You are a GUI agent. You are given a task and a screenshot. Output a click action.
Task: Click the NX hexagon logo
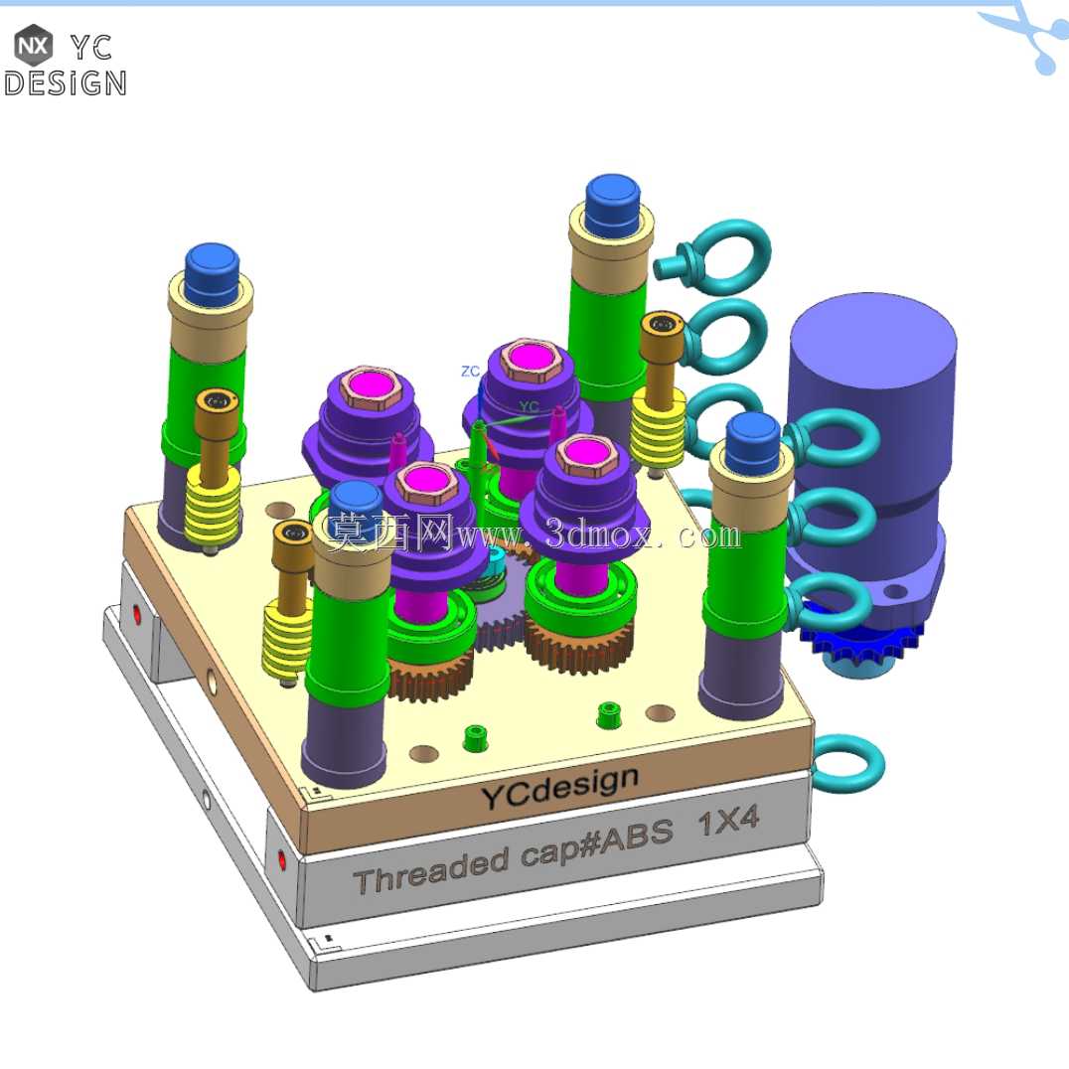click(x=33, y=46)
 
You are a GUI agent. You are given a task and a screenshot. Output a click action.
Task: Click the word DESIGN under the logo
click(x=65, y=83)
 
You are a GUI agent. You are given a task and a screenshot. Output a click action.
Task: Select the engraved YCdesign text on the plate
click(x=559, y=786)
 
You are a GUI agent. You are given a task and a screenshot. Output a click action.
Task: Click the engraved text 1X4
click(x=728, y=821)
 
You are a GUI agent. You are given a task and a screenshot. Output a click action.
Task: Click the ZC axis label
click(x=470, y=372)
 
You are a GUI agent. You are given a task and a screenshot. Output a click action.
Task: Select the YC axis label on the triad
click(x=530, y=407)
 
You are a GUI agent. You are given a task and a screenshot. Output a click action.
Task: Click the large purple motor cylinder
click(x=872, y=436)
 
